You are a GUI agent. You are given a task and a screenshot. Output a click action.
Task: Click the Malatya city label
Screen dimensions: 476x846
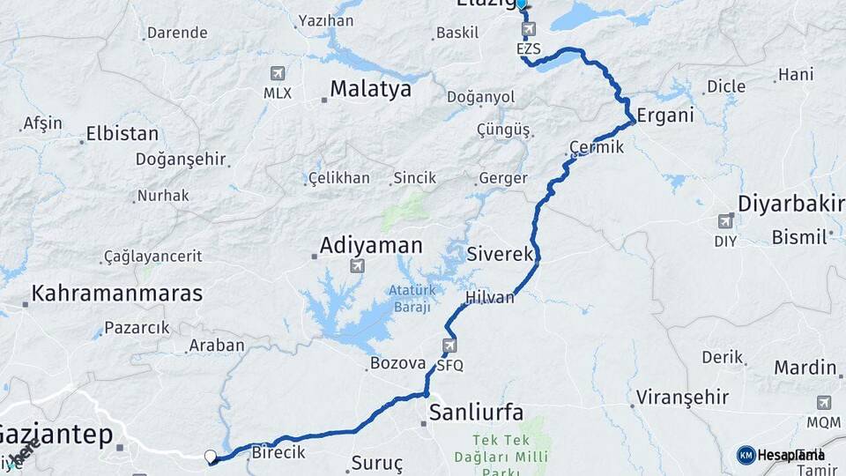tap(370, 89)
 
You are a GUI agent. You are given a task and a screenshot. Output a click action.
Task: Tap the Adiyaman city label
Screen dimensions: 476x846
tap(372, 245)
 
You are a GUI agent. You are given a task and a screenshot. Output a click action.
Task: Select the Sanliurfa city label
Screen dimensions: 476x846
tap(476, 413)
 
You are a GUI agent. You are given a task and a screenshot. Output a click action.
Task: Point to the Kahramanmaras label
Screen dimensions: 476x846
tap(117, 294)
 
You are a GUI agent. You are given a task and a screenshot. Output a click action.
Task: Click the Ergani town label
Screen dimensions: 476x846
tap(665, 115)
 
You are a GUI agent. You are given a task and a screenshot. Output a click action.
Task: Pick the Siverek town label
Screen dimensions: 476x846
tap(501, 254)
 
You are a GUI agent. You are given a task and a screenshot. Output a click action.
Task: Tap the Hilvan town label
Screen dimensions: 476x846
tap(490, 297)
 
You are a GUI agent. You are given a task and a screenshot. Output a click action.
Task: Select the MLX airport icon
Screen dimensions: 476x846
tap(278, 72)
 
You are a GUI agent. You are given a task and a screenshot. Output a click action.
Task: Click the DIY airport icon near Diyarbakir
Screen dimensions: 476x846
tap(725, 220)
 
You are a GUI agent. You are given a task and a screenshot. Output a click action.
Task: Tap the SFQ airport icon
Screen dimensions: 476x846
tap(450, 345)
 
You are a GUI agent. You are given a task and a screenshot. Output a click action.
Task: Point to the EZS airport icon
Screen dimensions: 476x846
tap(528, 30)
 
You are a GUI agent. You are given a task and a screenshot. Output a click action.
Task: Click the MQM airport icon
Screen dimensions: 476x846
tap(823, 403)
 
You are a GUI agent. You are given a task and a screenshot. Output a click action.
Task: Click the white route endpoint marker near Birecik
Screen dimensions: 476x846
tap(210, 457)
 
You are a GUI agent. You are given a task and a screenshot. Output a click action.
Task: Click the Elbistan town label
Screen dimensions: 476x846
tap(122, 135)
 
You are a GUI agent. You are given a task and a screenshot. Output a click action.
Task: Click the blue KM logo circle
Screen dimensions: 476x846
tap(746, 455)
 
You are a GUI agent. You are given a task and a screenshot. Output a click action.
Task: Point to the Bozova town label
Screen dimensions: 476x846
tap(398, 363)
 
